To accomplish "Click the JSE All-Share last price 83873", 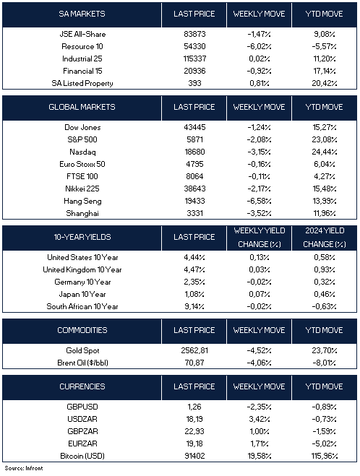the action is [194, 34].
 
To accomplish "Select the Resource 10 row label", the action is [82, 46].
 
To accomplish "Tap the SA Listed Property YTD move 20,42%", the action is [324, 83].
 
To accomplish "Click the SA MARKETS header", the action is [82, 14].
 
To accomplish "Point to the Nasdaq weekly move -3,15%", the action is [259, 152].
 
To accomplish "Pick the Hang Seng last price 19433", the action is [194, 201].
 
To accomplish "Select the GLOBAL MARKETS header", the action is [82, 107].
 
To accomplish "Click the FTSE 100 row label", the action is [82, 176].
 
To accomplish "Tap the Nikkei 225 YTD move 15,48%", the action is [324, 189].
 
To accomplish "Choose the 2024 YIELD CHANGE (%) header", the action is [324, 237].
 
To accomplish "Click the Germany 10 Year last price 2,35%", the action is [194, 282].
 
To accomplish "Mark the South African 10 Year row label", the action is [82, 306].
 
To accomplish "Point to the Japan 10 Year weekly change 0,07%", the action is [259, 294].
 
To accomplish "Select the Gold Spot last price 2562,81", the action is [194, 350].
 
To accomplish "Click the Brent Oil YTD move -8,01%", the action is [324, 363].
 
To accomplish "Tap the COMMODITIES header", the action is [82, 330].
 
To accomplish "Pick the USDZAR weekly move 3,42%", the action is [259, 419].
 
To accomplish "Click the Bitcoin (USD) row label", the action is [82, 456].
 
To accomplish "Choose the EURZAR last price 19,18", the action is [194, 443].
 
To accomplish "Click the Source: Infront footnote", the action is [24, 468].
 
